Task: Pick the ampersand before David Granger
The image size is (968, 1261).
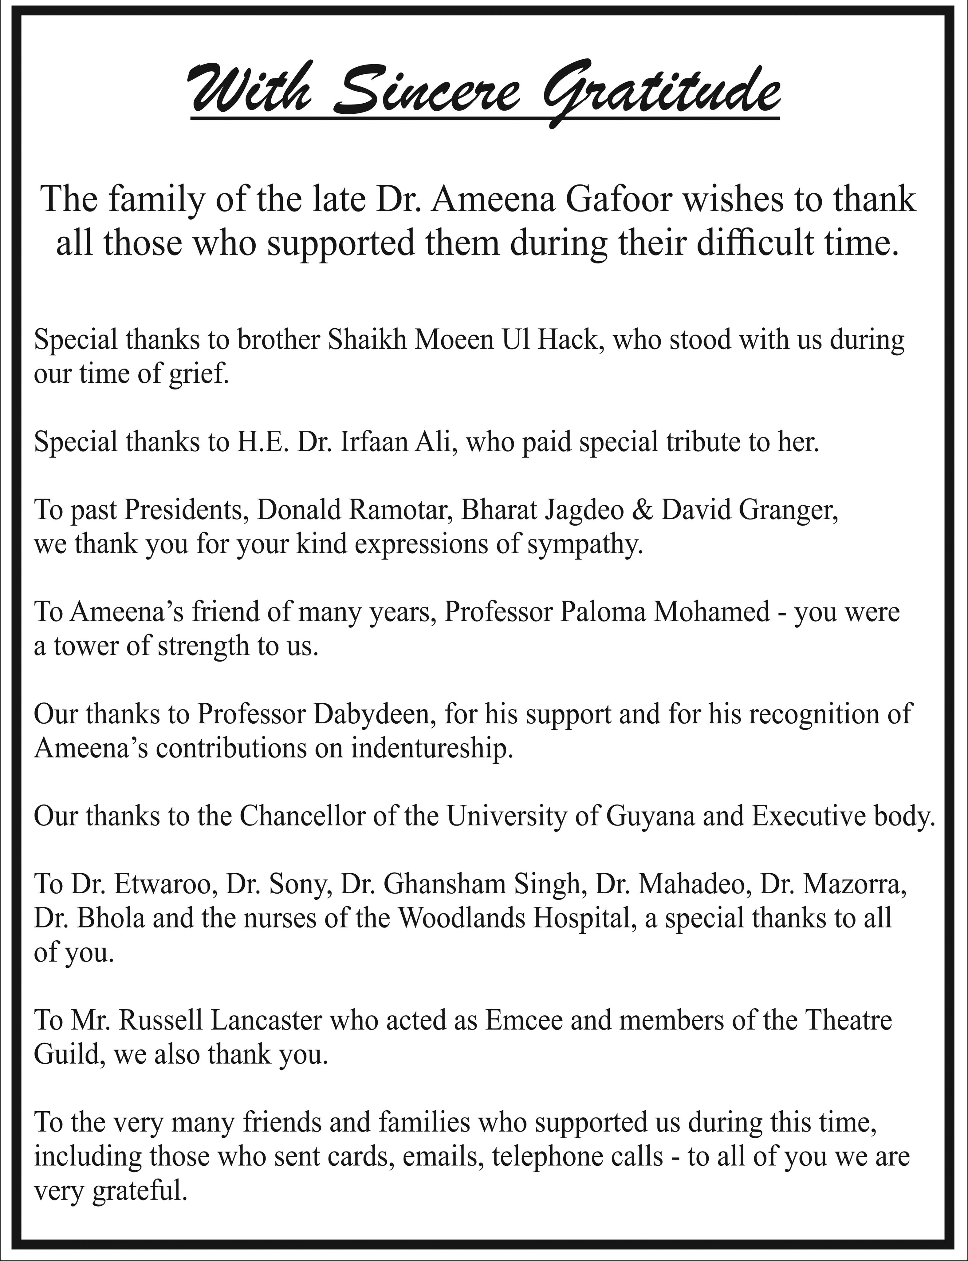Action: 643,510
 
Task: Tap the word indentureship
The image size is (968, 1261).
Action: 432,748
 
